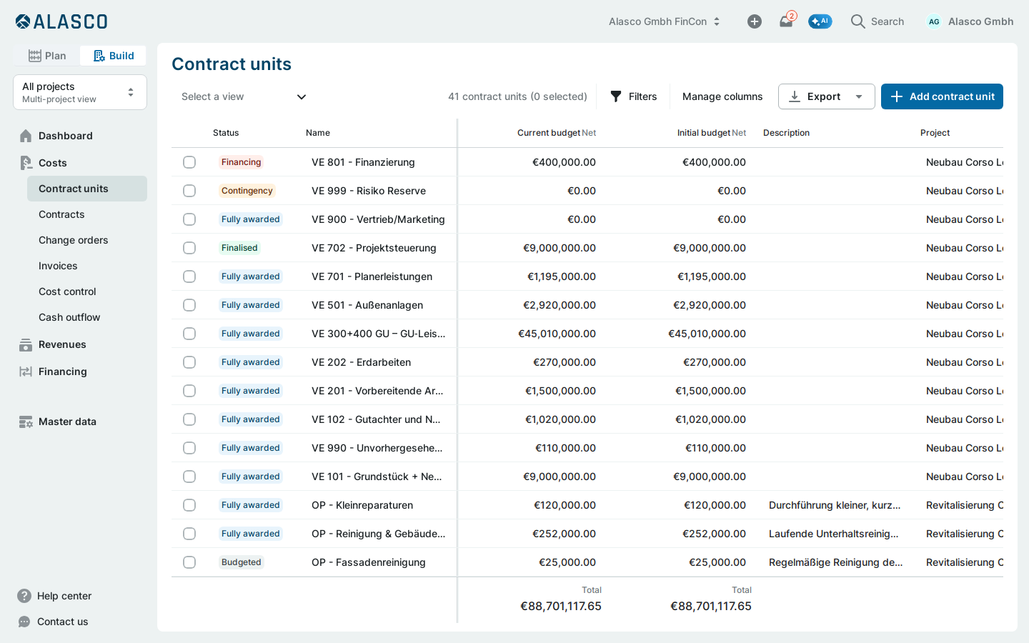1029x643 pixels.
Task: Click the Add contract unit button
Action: tap(942, 96)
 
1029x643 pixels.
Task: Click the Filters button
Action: tap(633, 96)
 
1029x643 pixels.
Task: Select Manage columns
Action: tap(722, 96)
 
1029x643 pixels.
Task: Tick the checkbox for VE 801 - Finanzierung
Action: tap(189, 162)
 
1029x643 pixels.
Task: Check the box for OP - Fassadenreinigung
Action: tap(189, 562)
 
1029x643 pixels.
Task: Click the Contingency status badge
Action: tap(247, 191)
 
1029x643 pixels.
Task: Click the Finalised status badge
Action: tap(239, 248)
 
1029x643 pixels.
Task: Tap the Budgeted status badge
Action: tap(242, 562)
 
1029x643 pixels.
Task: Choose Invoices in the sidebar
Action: tap(58, 266)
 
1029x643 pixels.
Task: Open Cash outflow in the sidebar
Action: tap(69, 317)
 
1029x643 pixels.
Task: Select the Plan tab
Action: tap(47, 56)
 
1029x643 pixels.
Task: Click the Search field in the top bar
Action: tap(878, 21)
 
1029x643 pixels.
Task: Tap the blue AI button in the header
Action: tap(820, 21)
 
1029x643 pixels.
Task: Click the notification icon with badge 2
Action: tap(787, 21)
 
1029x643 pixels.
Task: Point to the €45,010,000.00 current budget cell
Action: tap(557, 334)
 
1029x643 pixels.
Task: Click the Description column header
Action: tap(786, 133)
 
